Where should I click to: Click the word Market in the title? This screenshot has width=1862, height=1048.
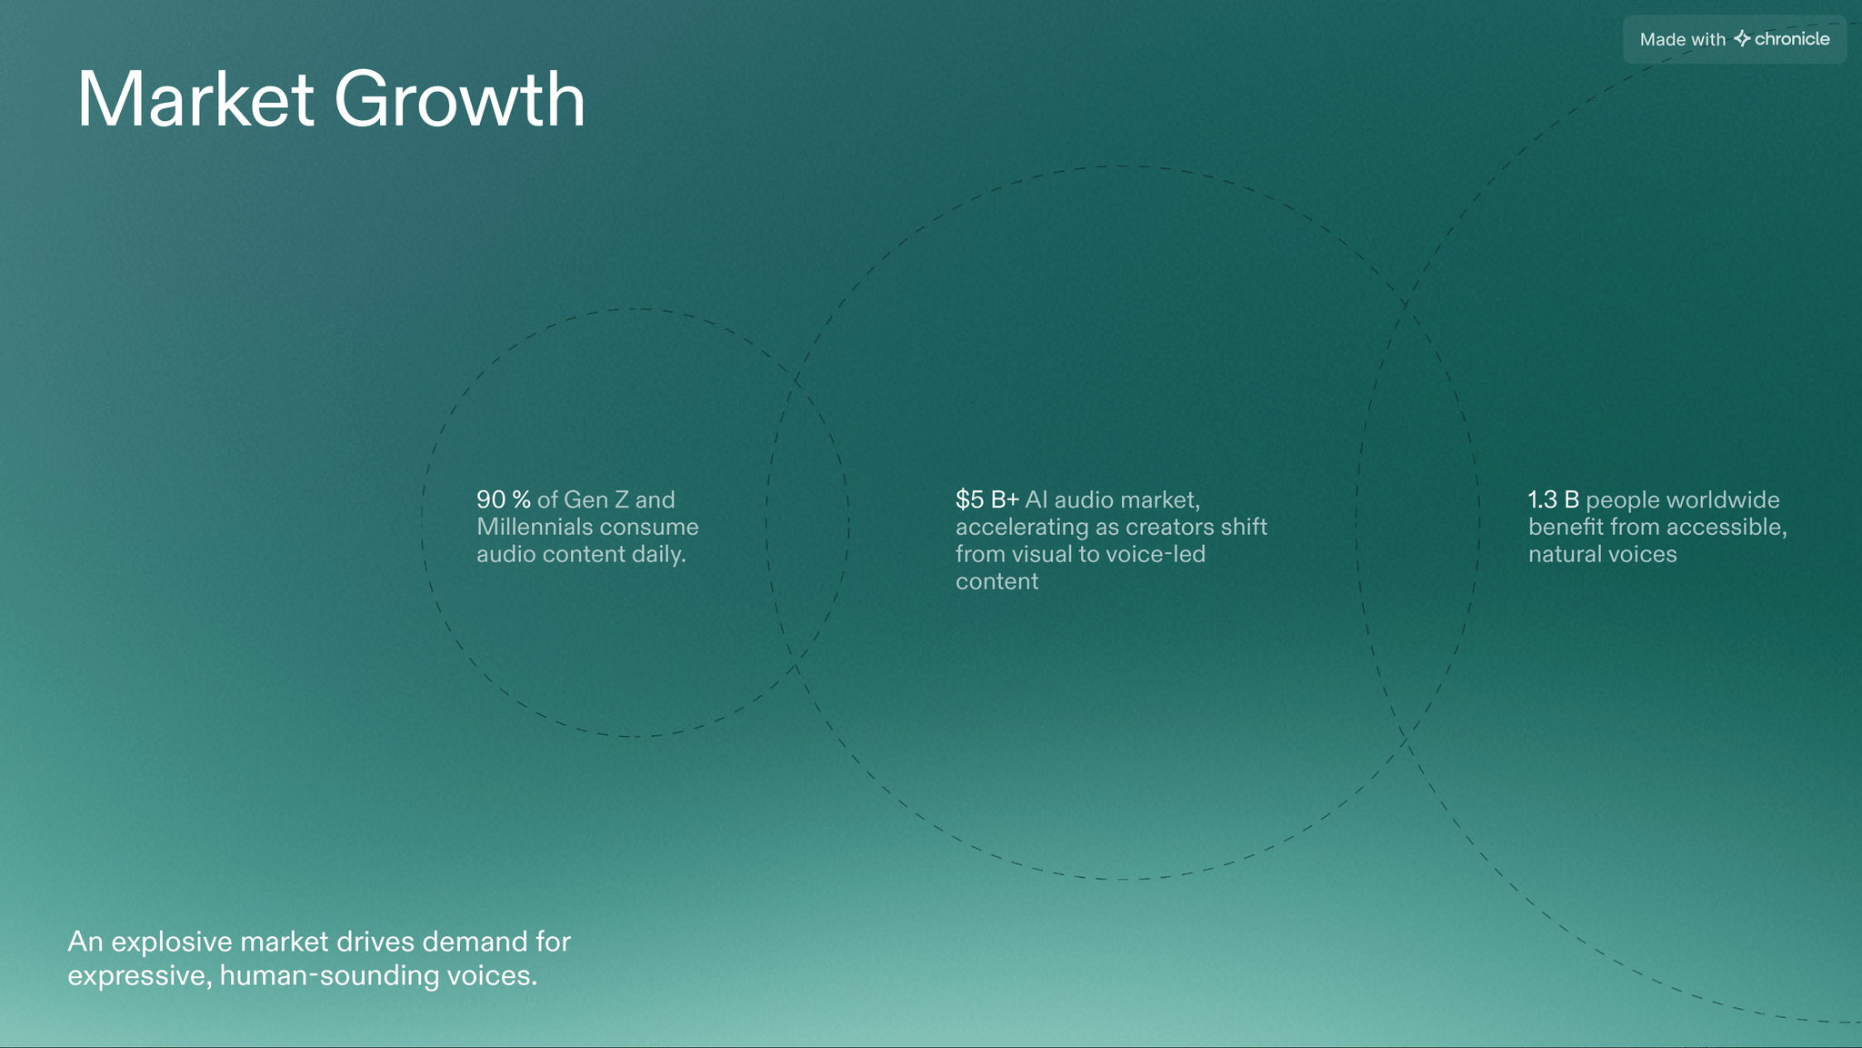195,99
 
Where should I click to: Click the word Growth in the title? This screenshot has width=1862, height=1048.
460,99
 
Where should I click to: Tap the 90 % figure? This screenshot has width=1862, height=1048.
504,499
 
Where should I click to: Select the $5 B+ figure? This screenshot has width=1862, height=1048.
987,499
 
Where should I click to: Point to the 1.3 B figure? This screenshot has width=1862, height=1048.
1554,499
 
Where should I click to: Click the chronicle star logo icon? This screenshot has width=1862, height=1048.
1742,38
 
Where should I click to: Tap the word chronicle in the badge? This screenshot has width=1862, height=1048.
1792,39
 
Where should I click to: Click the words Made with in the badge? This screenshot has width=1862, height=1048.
1683,40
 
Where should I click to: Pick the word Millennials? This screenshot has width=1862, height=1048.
532,527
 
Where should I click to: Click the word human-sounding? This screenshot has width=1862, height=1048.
329,976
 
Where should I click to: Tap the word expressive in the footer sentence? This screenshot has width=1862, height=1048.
140,976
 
